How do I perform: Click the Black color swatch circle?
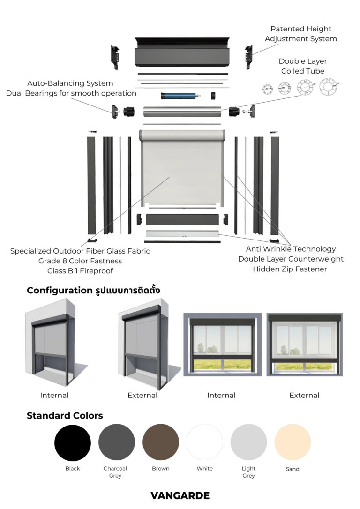click(73, 442)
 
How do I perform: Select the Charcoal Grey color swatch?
click(117, 442)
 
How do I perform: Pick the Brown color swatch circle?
click(161, 442)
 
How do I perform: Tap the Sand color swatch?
click(292, 442)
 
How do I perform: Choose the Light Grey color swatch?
click(248, 442)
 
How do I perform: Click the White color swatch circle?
click(205, 442)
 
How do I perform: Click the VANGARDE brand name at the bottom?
click(180, 495)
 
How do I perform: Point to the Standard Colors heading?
click(65, 416)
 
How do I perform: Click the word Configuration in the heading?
click(59, 290)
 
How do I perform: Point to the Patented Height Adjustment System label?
click(300, 34)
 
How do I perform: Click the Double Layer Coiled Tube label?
click(303, 66)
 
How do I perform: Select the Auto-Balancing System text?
click(70, 83)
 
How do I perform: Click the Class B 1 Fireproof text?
click(80, 271)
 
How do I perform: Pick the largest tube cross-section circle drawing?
click(328, 87)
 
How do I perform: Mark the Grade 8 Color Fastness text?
click(80, 261)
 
